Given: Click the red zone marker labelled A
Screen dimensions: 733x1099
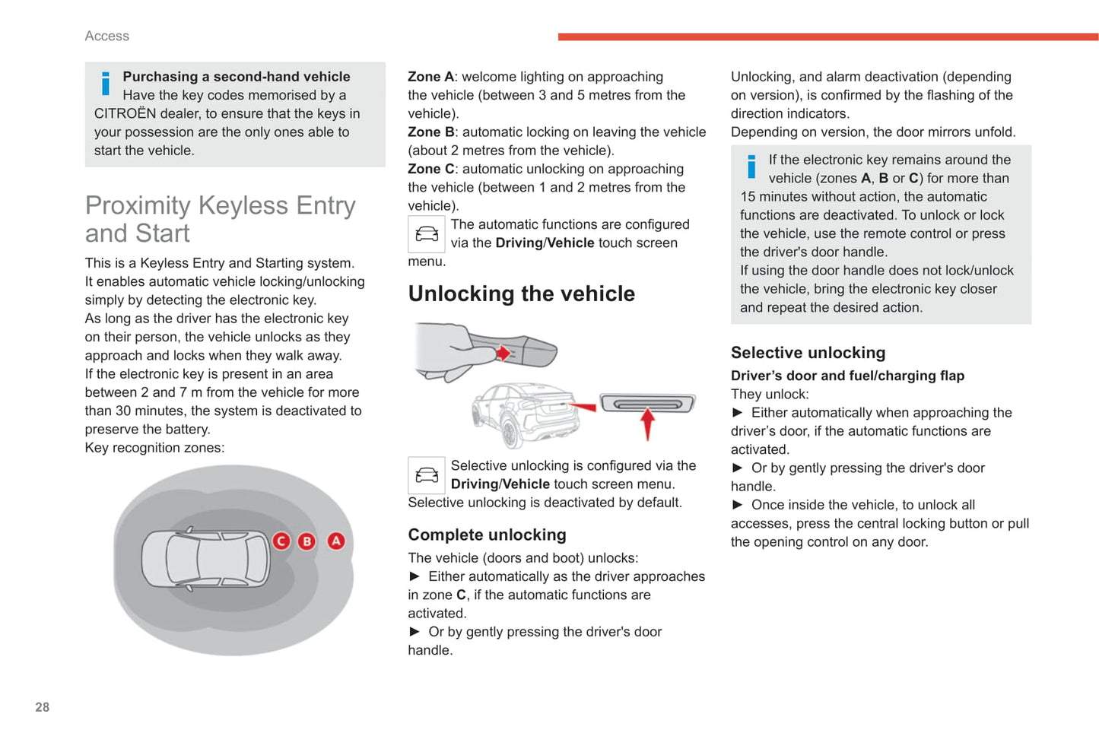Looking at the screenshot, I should point(335,541).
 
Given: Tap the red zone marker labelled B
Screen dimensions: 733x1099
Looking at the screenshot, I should point(307,541).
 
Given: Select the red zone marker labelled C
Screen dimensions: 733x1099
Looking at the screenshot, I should point(281,541).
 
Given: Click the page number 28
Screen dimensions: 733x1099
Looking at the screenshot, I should point(43,707).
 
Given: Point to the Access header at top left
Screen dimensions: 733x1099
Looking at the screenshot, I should point(107,36).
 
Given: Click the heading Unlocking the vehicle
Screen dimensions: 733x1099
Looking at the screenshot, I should point(521,294).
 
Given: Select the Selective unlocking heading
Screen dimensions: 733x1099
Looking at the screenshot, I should point(808,353).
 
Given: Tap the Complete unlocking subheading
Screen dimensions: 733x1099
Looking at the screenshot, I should point(487,535).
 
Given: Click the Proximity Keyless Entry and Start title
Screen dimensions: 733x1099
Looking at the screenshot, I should point(220,219).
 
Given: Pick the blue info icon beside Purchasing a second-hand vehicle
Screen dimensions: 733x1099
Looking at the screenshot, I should point(105,84).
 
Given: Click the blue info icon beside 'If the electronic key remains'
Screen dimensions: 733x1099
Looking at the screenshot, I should point(751,167).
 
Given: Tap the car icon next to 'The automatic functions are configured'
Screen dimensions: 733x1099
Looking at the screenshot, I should point(426,234).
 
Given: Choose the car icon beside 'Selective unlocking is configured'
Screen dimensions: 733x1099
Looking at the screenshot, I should point(426,475).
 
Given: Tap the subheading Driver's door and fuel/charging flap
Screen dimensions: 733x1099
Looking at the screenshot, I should point(847,376).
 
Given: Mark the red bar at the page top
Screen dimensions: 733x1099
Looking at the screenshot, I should point(827,36).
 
